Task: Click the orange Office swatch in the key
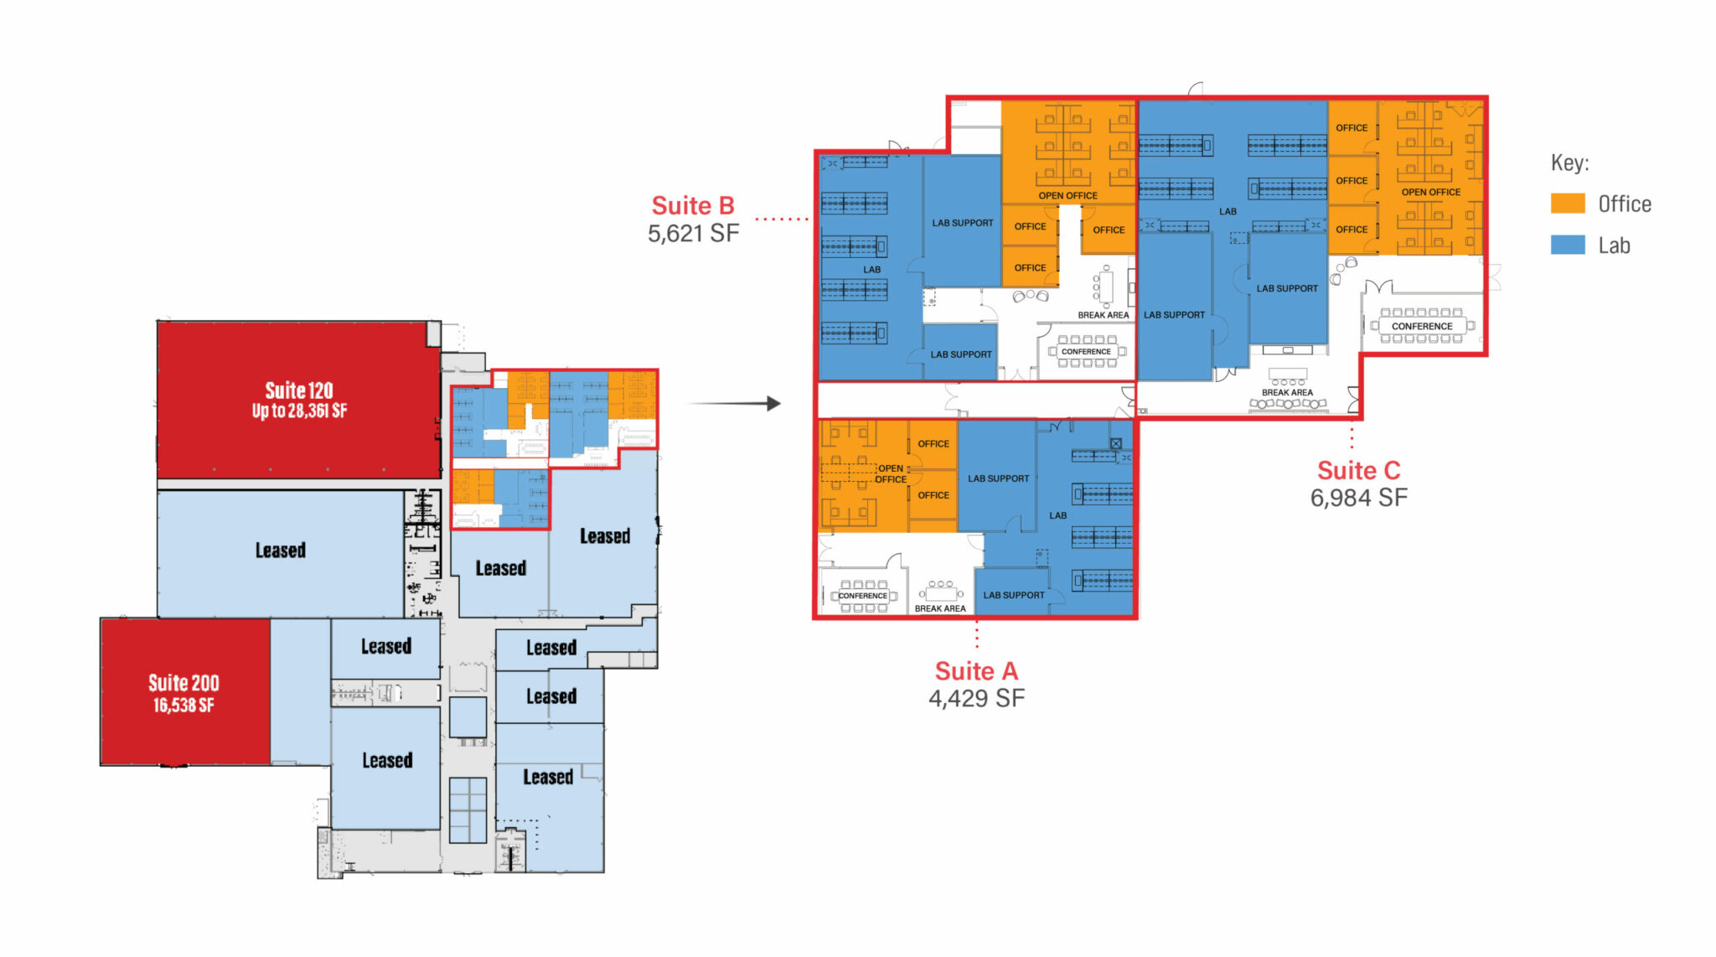point(1567,204)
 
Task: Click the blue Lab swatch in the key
point(1567,245)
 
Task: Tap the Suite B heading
point(693,205)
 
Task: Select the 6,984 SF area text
point(1358,498)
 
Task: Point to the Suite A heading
point(976,670)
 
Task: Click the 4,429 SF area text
point(976,698)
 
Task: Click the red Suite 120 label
point(299,391)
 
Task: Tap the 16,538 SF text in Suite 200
point(183,706)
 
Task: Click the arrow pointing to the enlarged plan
point(734,403)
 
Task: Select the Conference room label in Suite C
point(1422,326)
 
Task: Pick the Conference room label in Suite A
point(862,596)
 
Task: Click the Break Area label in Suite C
point(1287,392)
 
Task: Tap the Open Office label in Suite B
point(1067,195)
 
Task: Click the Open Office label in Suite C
point(1430,192)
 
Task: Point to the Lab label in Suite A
point(1058,515)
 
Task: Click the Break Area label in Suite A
point(940,608)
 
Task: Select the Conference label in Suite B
point(1086,351)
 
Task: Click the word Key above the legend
point(1569,163)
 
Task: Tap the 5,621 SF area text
point(693,233)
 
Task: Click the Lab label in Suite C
point(1228,211)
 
